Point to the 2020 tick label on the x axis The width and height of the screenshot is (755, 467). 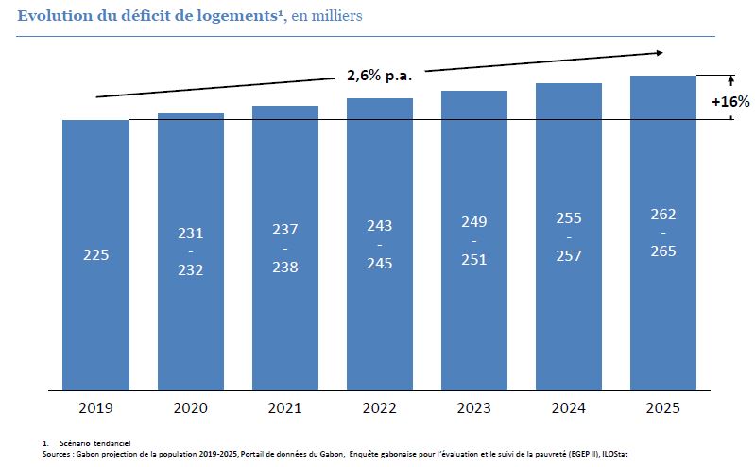[x=190, y=407]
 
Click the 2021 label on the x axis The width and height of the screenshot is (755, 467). [x=285, y=407]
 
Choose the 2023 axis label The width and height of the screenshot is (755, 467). [x=474, y=407]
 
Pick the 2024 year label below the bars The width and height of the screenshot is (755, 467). [x=569, y=407]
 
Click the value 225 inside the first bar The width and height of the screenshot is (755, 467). [x=95, y=254]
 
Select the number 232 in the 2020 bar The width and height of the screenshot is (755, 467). [x=190, y=269]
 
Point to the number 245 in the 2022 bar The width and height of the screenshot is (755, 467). [x=380, y=264]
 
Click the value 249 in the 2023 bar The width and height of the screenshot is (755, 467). [x=474, y=222]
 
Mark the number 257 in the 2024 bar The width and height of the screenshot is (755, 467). [x=569, y=256]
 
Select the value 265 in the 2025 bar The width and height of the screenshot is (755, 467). [x=663, y=251]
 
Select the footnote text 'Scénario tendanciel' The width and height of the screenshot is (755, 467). [x=94, y=443]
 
